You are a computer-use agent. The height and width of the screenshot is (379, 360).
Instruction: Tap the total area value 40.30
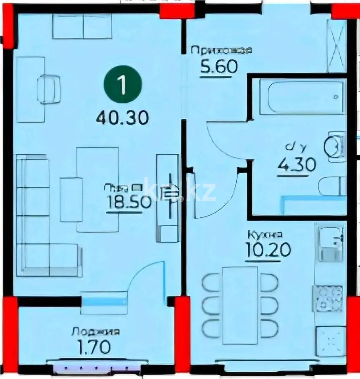point(122,117)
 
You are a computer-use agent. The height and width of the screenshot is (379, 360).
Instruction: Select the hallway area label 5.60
point(219,67)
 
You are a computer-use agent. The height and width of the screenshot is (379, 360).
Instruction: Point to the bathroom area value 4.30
point(296,164)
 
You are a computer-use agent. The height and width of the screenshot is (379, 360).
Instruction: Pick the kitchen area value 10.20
point(268,250)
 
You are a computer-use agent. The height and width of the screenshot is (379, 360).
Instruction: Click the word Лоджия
point(95,332)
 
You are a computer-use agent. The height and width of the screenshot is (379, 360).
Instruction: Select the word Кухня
point(265,235)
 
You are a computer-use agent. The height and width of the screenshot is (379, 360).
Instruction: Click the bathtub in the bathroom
point(302,97)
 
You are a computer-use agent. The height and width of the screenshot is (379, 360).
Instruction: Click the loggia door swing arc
point(143,278)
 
